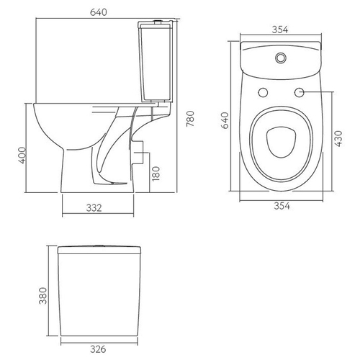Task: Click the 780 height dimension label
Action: tap(190, 119)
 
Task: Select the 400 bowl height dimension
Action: tap(22, 156)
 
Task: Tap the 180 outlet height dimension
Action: tap(156, 174)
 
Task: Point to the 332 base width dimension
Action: tap(94, 208)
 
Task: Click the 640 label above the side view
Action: tap(99, 12)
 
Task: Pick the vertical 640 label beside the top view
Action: tap(225, 120)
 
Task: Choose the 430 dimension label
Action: tap(338, 139)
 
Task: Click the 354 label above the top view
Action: tap(280, 30)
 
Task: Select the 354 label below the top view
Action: tap(282, 206)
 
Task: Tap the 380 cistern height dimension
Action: tap(43, 296)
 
